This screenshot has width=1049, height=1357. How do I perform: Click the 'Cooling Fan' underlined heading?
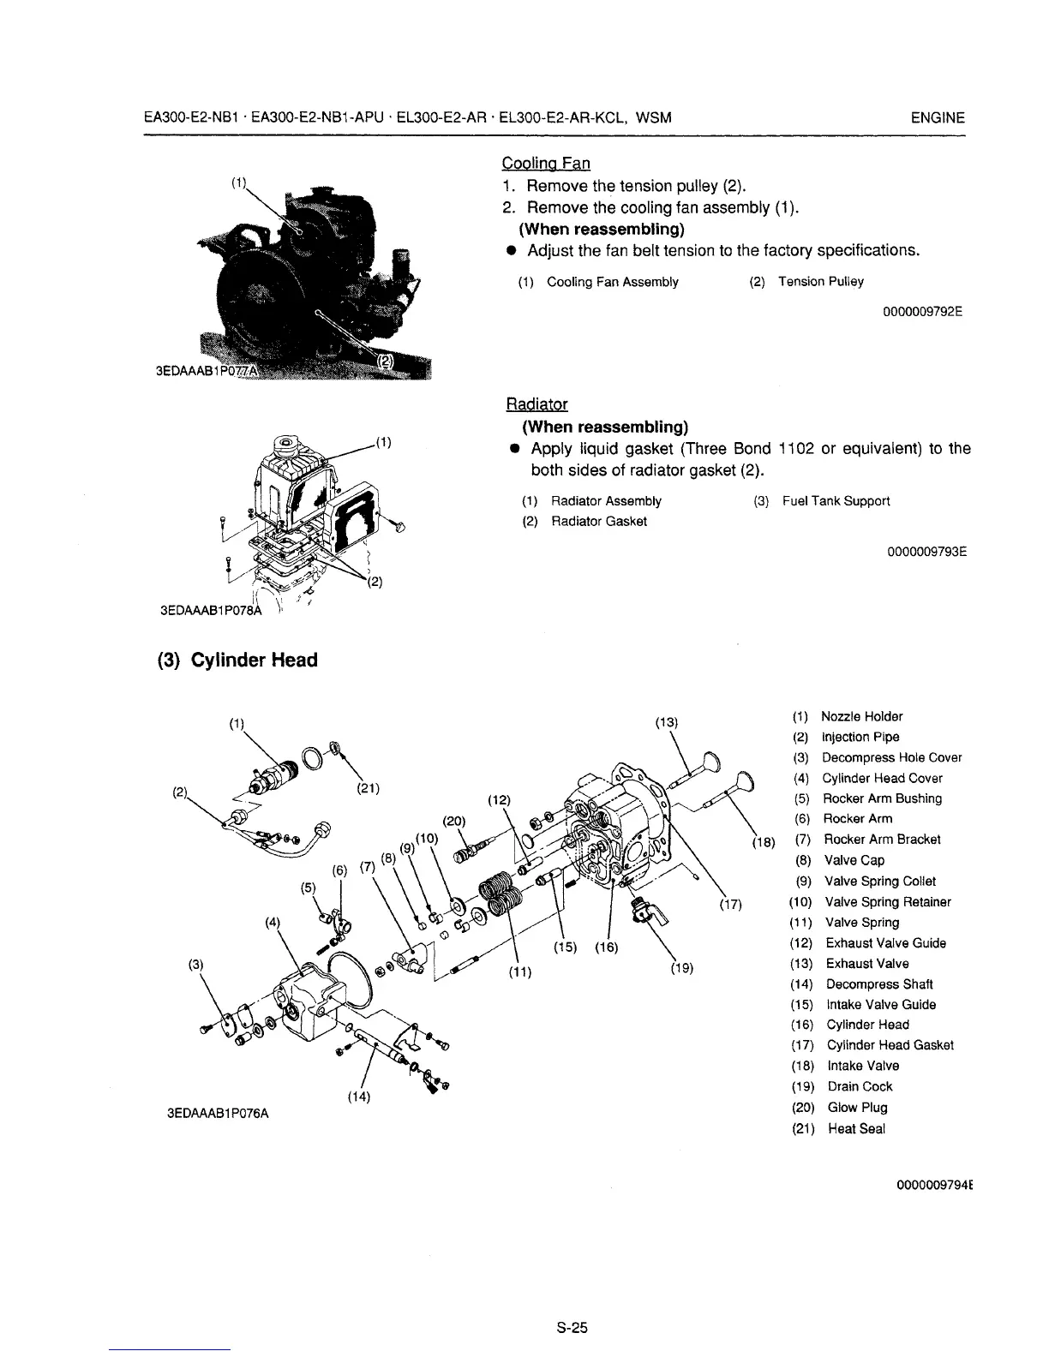(545, 163)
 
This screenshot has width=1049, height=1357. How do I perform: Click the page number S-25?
(571, 1329)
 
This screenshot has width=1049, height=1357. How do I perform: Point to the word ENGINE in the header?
(938, 118)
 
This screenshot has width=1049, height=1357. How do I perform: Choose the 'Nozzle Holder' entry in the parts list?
(861, 716)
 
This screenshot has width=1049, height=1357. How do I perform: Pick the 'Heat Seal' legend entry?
(856, 1128)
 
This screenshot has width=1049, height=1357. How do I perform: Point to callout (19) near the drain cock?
(682, 969)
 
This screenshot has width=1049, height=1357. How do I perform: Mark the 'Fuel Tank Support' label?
(836, 501)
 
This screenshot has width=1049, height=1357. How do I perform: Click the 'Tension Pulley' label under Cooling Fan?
(820, 282)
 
